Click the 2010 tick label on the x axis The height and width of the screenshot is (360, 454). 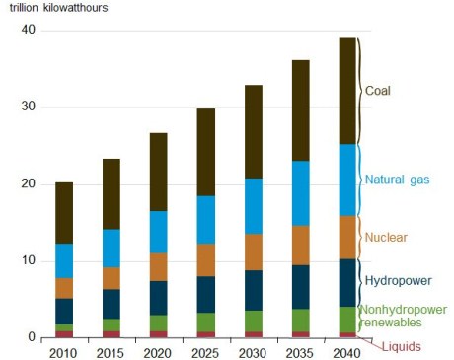[64, 352]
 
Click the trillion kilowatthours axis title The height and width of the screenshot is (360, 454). [58, 8]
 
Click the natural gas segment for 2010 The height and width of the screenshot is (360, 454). [64, 260]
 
